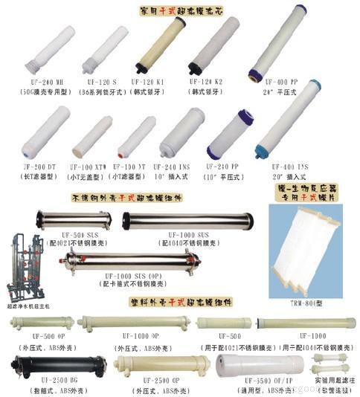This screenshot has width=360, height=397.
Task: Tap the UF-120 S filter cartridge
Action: pos(107,48)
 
